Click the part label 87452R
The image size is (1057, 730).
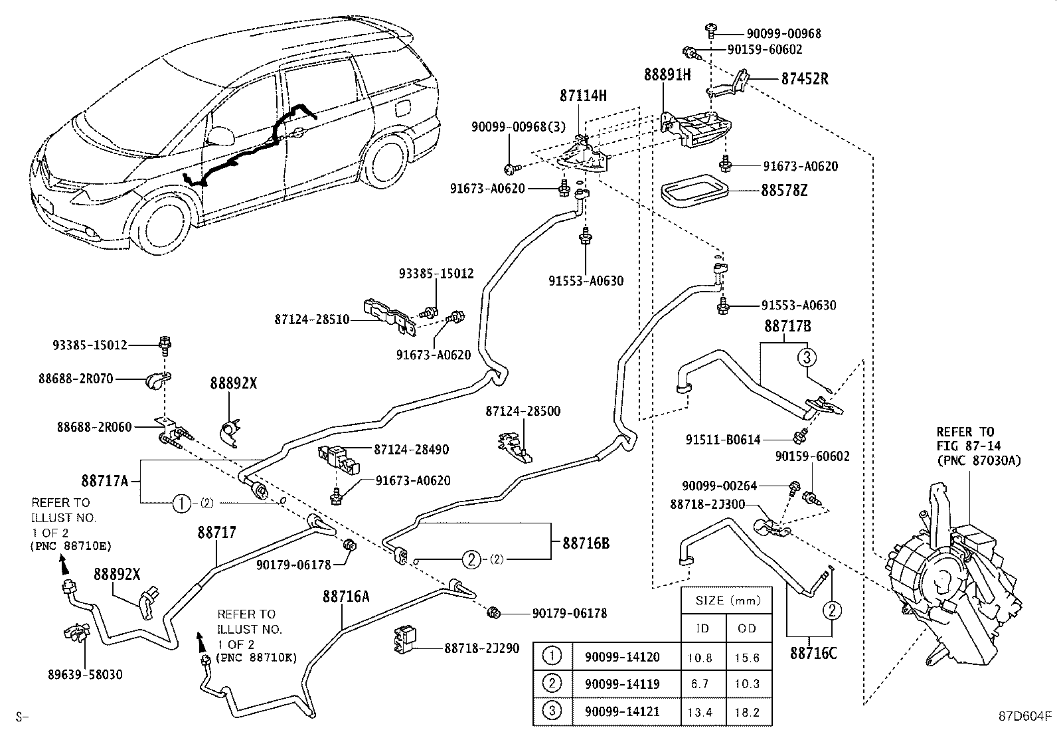pyautogui.click(x=805, y=78)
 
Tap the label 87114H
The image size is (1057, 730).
pyautogui.click(x=583, y=96)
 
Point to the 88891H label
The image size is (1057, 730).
pyautogui.click(x=667, y=74)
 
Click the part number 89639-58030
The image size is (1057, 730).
pyautogui.click(x=85, y=675)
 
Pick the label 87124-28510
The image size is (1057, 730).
pyautogui.click(x=311, y=319)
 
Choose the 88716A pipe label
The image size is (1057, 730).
pyautogui.click(x=346, y=596)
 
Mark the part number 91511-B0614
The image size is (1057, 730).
pyautogui.click(x=723, y=439)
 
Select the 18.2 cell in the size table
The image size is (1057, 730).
pyautogui.click(x=747, y=712)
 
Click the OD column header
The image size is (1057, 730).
pyautogui.click(x=747, y=628)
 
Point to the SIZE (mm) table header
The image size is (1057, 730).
pyautogui.click(x=727, y=600)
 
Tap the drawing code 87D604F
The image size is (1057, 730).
pyautogui.click(x=1025, y=717)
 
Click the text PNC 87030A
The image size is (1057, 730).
pyautogui.click(x=979, y=460)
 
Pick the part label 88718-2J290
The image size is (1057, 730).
pyautogui.click(x=481, y=648)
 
